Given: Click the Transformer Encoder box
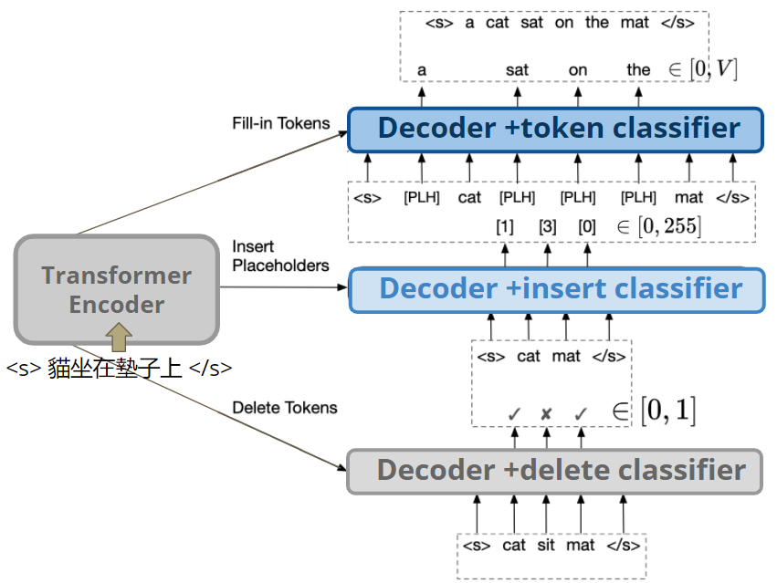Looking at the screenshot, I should (117, 289).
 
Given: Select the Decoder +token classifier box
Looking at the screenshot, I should (555, 129).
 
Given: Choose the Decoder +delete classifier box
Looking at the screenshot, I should (555, 471).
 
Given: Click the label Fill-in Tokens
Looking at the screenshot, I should (280, 122).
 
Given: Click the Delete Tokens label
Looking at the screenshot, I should (284, 408).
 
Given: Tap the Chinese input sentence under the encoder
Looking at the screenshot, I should (119, 369).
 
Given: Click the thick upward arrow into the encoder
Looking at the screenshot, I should (119, 336).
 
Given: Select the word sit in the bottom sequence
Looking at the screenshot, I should (545, 546).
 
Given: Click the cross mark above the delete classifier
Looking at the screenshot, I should (546, 414).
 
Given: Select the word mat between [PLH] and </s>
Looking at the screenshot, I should (688, 197).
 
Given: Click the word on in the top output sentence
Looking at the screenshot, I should (564, 22).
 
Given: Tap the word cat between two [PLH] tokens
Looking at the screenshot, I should (469, 197).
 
